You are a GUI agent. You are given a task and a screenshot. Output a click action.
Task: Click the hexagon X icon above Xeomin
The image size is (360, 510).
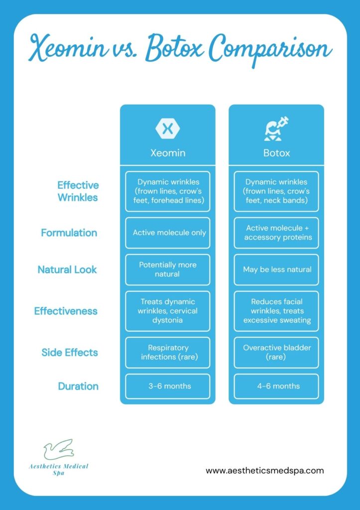167,128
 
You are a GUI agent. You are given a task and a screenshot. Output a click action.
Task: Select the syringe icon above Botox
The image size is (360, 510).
276,128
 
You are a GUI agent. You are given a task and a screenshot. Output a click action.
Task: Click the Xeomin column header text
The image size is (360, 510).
167,153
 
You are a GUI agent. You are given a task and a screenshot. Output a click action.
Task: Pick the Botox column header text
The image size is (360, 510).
276,153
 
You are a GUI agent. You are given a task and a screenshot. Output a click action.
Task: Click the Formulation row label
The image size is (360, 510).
69,233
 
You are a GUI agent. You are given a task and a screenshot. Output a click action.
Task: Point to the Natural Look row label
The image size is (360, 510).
67,269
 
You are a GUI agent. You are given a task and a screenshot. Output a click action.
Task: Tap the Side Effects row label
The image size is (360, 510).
70,353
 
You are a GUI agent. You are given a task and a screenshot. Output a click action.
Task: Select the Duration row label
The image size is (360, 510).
78,386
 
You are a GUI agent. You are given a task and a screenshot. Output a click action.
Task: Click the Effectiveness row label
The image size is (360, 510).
66,311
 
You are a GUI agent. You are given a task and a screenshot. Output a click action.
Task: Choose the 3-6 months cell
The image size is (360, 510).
167,386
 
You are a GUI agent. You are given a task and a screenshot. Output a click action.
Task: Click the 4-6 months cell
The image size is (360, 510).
276,386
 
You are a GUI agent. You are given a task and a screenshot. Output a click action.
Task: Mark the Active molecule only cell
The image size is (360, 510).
167,233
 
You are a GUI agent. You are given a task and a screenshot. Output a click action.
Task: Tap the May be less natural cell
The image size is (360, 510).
276,269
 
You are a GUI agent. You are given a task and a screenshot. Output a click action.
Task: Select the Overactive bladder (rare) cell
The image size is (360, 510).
276,353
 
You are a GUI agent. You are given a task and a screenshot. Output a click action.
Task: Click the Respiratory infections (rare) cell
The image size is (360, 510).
167,353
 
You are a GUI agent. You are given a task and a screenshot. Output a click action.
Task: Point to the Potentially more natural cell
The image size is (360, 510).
167,269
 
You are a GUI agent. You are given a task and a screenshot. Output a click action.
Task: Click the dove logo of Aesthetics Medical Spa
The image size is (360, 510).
59,450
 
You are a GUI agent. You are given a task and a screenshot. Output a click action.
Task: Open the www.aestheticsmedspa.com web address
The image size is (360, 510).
264,470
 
